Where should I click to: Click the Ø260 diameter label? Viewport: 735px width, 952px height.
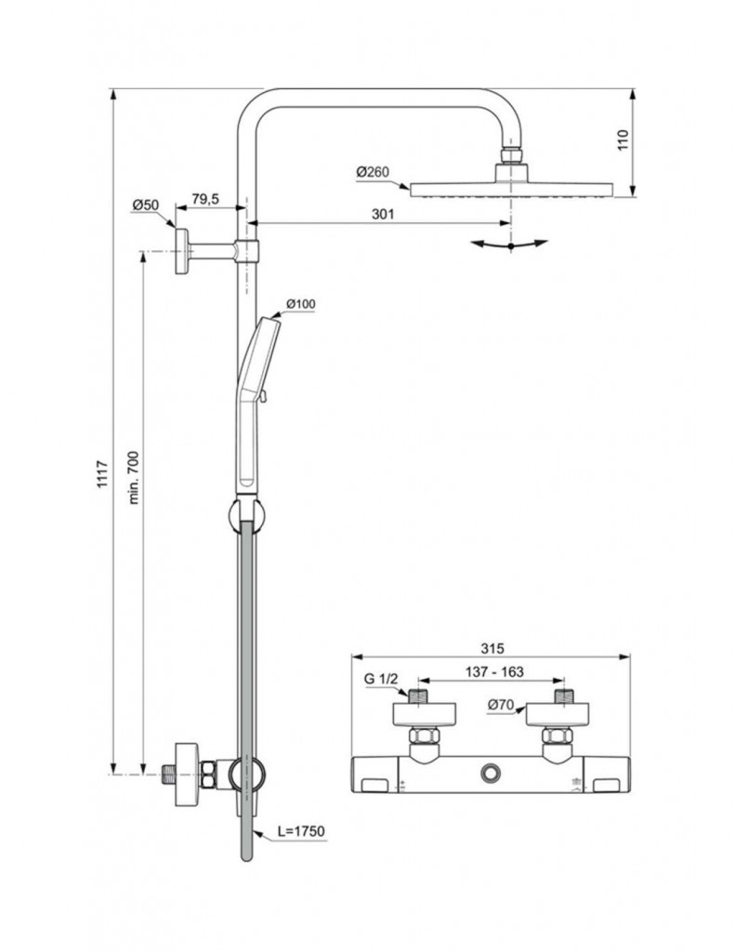coord(373,172)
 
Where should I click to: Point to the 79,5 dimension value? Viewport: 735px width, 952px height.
coord(205,200)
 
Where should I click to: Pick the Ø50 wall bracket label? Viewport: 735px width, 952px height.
coord(146,204)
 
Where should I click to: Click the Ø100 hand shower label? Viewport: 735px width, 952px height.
coord(301,304)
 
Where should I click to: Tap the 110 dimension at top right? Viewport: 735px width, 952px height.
coord(623,140)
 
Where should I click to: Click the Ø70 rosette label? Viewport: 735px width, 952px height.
coord(502,706)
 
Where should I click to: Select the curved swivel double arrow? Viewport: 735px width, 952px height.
coord(509,245)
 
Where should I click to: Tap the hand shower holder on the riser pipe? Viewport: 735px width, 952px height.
coord(245,511)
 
